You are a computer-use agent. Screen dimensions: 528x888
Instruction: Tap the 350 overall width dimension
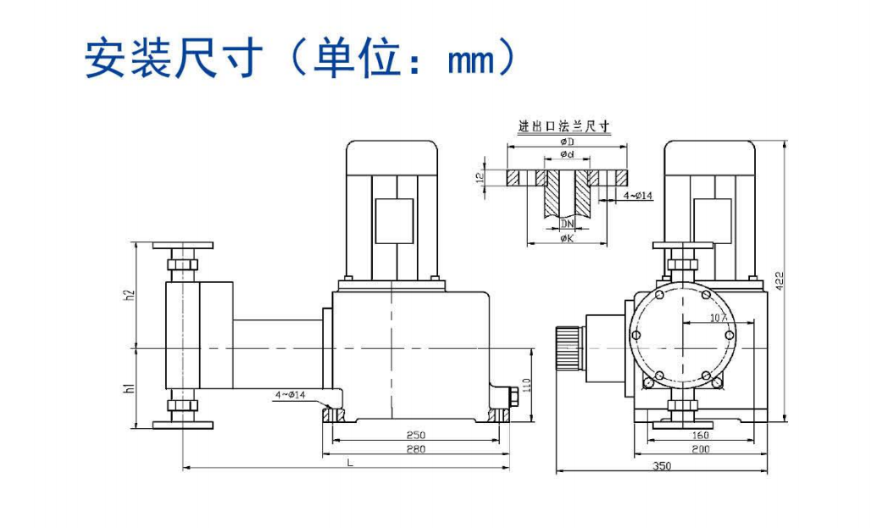click(x=663, y=466)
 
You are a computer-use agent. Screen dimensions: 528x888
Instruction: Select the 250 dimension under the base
click(x=416, y=435)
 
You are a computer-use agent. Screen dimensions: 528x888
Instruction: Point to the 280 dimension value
click(x=416, y=449)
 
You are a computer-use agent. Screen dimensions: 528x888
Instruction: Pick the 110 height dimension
click(x=526, y=385)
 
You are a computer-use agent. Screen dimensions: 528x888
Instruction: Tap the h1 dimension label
click(x=130, y=388)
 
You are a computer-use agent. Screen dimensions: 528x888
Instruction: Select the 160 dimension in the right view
click(x=700, y=436)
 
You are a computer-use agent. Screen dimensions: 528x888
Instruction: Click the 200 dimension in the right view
click(x=700, y=449)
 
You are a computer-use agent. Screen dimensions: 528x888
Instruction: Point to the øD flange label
click(x=567, y=142)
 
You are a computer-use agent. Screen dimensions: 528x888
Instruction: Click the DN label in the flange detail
click(x=567, y=224)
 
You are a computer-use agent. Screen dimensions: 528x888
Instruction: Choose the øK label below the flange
click(x=567, y=239)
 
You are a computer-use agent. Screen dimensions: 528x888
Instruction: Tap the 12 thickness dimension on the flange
click(x=480, y=178)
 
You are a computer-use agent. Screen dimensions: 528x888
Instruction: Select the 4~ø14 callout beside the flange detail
click(x=638, y=197)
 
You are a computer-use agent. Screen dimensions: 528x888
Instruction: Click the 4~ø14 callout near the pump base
click(x=290, y=394)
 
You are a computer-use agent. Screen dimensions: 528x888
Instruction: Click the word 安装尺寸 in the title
click(x=169, y=57)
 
